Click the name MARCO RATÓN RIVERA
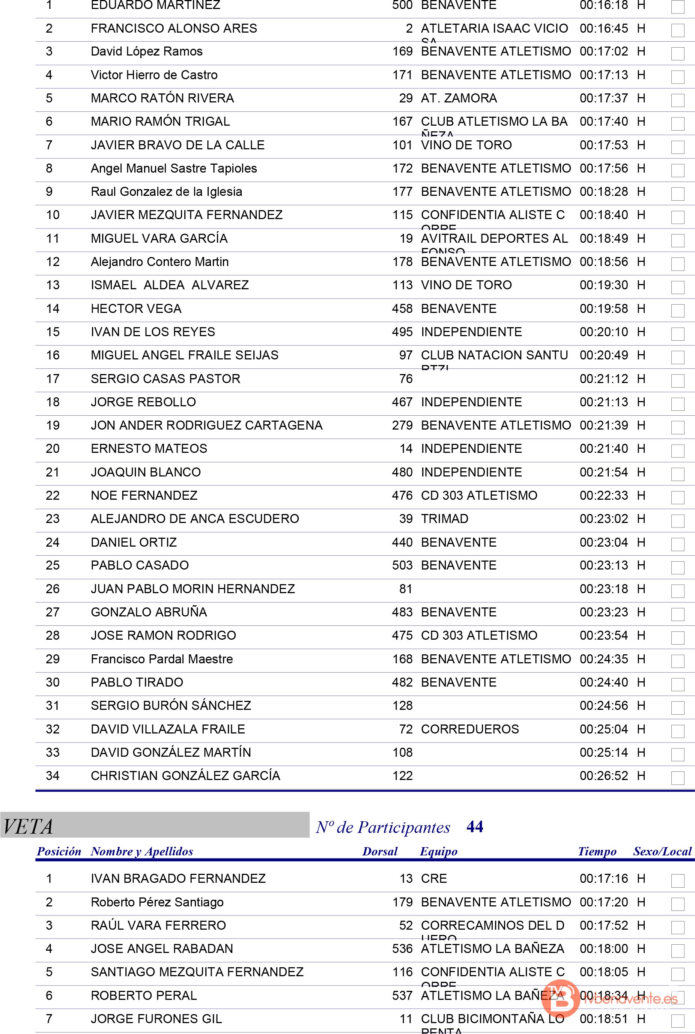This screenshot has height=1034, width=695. point(162,98)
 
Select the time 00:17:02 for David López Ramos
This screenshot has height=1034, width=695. point(604,51)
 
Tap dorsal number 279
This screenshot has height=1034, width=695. point(402,425)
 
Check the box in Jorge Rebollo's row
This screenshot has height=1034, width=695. point(677,404)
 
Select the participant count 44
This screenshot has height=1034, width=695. point(475,827)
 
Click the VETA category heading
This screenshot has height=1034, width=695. point(29,827)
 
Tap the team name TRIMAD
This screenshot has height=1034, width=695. point(445,519)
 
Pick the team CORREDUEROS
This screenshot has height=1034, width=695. point(470,729)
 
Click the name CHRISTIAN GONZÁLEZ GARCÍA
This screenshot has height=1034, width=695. point(185,776)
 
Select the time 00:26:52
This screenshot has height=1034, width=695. point(604,776)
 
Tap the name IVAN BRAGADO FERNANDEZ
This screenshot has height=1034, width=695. point(178,879)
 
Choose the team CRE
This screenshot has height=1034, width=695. point(434,879)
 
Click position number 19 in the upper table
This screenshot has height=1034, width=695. point(53,425)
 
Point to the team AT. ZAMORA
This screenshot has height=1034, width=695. point(459,98)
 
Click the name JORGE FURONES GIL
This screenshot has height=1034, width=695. point(156,1019)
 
